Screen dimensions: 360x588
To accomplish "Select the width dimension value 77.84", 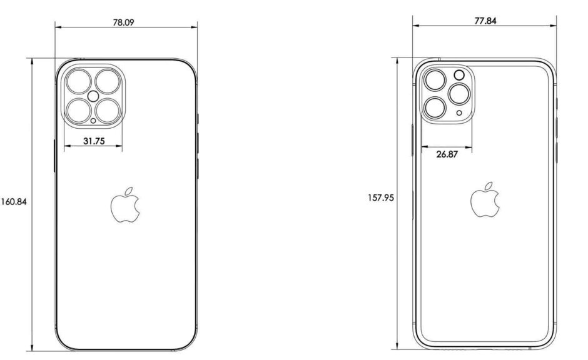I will (x=485, y=20).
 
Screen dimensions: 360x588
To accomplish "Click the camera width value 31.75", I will (x=93, y=141).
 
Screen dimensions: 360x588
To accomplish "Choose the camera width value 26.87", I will (x=447, y=154).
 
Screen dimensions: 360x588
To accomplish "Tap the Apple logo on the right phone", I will (x=485, y=199).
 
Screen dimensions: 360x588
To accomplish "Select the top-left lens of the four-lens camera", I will (x=79, y=81).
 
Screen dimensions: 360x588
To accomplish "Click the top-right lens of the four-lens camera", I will (x=108, y=81).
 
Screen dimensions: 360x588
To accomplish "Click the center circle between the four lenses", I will (x=93, y=96).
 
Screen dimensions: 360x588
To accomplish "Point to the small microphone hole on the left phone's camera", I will (x=93, y=121).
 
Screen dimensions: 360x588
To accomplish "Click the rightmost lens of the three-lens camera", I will (x=459, y=96).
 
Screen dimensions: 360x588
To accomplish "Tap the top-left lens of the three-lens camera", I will (x=434, y=80).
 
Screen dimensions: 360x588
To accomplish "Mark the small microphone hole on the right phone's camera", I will (x=460, y=113).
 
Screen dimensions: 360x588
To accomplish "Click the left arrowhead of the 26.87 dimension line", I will (x=423, y=147).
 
